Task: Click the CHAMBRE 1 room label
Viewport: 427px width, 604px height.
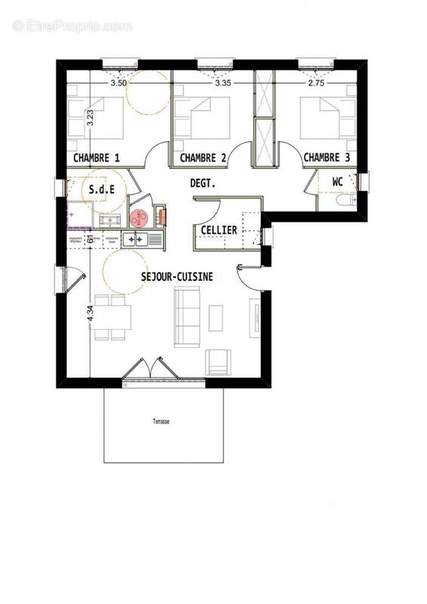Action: click(x=96, y=158)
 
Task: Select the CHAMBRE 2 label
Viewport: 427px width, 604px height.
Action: click(x=203, y=158)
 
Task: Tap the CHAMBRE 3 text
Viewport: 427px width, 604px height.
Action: click(x=327, y=158)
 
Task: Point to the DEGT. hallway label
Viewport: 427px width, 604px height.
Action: click(x=202, y=183)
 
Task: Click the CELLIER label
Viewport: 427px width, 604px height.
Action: click(x=219, y=230)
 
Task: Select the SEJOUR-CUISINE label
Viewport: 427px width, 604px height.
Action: click(x=177, y=277)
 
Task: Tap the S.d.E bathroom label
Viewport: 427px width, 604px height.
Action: click(x=102, y=190)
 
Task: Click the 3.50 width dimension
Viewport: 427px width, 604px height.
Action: click(x=118, y=83)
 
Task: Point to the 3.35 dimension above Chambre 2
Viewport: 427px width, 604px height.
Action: click(x=222, y=83)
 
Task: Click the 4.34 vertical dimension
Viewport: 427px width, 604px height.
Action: click(x=90, y=313)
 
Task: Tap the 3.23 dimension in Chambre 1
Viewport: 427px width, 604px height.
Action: click(x=90, y=118)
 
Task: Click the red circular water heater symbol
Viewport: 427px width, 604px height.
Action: click(x=138, y=218)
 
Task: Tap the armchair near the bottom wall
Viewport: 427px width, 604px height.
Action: click(x=218, y=362)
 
